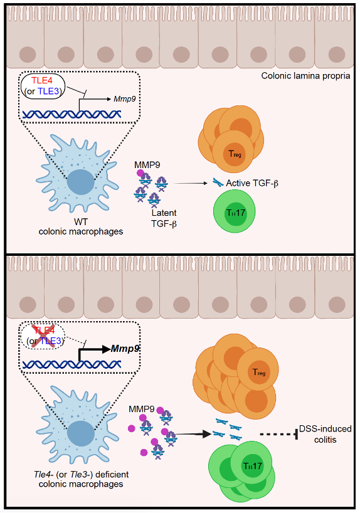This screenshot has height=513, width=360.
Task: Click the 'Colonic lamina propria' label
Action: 305,76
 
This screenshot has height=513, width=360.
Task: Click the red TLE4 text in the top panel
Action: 42,80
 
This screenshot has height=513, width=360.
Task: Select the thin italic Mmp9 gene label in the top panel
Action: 125,99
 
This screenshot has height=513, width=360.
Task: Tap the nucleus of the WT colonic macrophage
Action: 81,182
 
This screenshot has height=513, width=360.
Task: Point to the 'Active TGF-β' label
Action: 252,183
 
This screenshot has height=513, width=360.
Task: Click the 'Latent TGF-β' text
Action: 164,218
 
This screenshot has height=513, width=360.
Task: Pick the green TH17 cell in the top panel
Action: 234,212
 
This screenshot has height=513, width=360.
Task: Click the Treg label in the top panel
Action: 235,154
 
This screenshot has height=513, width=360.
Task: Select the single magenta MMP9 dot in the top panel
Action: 140,172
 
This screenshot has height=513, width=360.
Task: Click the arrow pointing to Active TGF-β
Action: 191,183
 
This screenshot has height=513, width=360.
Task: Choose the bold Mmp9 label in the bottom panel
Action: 125,349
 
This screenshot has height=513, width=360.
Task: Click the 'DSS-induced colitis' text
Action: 325,434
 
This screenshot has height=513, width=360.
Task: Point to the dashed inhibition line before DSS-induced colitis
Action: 278,435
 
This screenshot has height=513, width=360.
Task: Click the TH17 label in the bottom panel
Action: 253,465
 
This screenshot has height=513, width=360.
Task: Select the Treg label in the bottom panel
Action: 259,373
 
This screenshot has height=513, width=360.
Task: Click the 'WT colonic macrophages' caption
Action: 81,227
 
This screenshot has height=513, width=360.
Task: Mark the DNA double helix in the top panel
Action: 71,114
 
